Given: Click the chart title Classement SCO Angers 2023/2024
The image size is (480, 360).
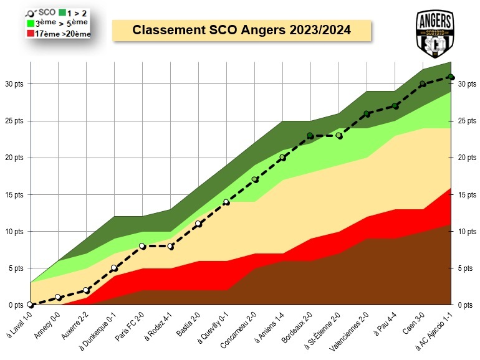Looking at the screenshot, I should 241,30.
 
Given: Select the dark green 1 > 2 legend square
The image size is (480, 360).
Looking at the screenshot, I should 62,12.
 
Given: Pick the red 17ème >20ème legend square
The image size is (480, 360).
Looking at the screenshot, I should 31,33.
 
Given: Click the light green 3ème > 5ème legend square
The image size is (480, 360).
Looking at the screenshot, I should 31,22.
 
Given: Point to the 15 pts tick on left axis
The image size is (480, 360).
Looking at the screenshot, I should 14,194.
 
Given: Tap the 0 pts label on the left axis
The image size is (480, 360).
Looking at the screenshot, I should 14,305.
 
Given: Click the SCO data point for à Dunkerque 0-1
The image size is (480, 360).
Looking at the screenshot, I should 114,268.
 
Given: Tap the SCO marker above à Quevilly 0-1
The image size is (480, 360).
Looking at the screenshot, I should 226,202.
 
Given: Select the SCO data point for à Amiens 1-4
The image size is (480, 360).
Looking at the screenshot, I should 282,158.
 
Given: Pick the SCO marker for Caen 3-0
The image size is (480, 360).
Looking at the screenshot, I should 423,84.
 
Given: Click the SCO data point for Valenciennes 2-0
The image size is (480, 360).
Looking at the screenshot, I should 367,113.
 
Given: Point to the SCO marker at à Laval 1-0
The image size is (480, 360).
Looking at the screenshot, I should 30,305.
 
